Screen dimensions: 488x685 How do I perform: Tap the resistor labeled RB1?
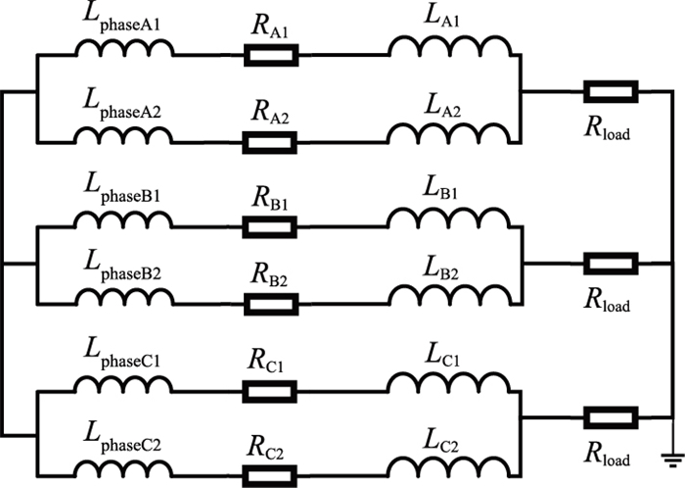[270, 224]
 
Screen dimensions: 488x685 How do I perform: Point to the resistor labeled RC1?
[270, 391]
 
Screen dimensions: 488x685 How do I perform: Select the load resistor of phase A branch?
[611, 94]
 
